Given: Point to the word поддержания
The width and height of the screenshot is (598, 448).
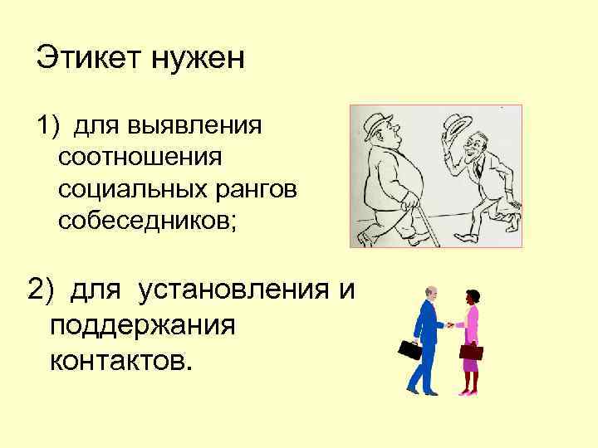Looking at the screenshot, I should (x=143, y=325).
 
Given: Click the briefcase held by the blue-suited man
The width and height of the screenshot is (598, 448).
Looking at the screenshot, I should (x=409, y=349).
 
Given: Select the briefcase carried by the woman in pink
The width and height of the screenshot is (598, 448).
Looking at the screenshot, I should (x=471, y=352).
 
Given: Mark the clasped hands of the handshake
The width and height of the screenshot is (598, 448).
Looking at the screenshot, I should (x=449, y=324).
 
